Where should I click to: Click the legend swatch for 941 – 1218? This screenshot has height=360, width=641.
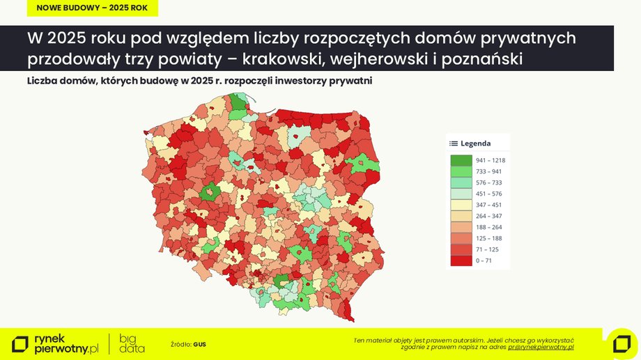pos(461,160)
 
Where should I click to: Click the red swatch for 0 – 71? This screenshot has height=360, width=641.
pos(461,260)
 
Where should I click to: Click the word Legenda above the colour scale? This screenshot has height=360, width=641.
pos(476,143)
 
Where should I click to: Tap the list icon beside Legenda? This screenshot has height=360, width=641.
pos(454,143)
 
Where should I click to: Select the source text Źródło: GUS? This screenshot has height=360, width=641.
pos(188,344)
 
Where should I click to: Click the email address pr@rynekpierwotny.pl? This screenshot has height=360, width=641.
pos(541,347)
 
